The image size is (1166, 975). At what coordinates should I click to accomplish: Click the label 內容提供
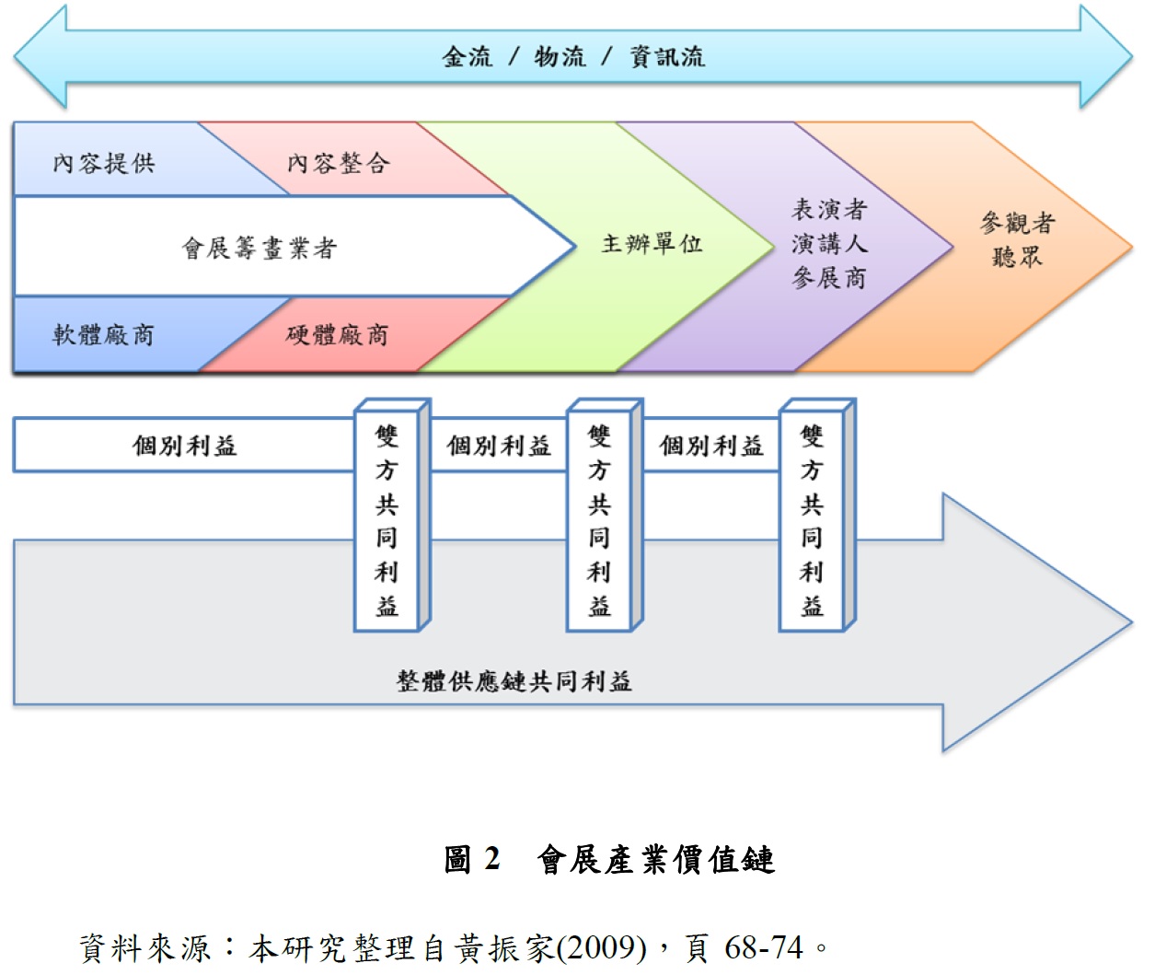point(104,164)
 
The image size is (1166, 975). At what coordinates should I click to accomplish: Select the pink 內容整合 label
point(338,164)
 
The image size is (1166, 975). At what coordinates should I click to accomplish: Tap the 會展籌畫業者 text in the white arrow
point(260,248)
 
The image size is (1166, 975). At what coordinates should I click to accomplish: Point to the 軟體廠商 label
point(103,334)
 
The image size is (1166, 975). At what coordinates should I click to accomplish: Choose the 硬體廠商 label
point(337,334)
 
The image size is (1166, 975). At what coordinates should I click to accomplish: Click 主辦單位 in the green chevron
point(652,244)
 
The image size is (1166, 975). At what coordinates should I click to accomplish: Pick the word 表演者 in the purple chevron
point(829,210)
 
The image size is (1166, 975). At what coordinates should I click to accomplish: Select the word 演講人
point(829,244)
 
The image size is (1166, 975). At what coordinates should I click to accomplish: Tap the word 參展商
point(829,277)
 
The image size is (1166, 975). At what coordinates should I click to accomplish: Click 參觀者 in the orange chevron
point(1017,223)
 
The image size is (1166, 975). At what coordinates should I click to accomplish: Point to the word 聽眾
point(1017,257)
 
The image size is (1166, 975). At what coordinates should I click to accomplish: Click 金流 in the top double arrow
point(468,57)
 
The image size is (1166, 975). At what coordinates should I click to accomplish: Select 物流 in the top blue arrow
point(560,57)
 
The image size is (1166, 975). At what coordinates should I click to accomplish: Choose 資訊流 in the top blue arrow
point(667,57)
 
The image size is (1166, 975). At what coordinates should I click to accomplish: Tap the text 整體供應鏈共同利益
point(514,681)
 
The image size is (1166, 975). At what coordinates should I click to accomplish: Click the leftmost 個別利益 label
point(184,446)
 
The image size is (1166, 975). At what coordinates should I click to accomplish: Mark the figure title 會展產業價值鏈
point(656,859)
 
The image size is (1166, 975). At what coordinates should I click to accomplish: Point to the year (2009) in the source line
point(602,947)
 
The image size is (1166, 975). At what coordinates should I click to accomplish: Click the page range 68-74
point(763,947)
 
